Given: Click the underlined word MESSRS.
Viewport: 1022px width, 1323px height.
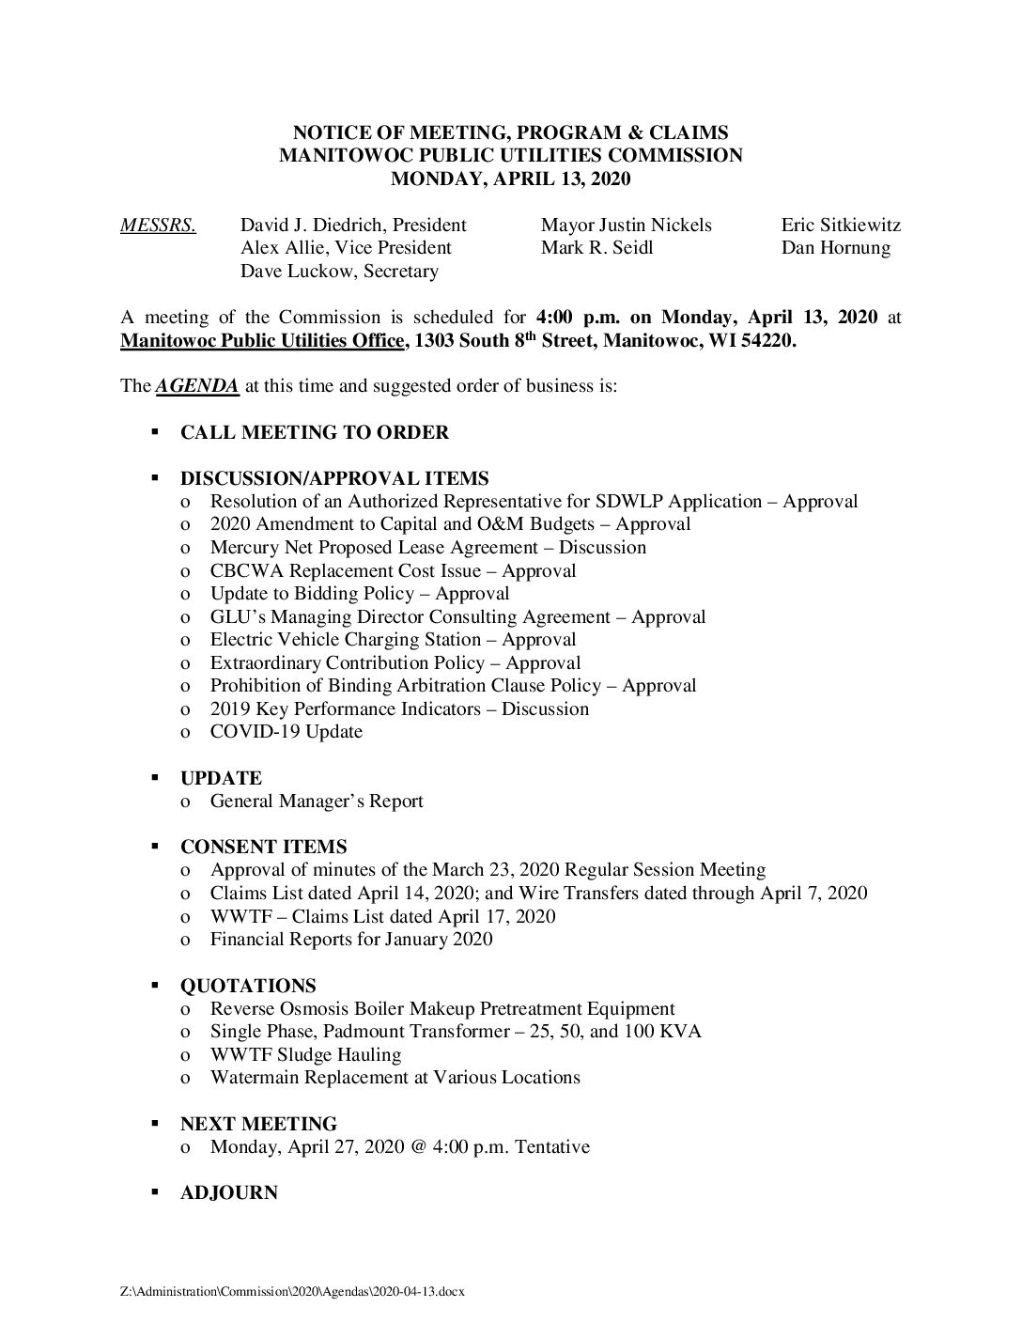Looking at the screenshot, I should coord(158,226).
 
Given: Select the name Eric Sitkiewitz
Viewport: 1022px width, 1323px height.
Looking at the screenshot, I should coord(841,226).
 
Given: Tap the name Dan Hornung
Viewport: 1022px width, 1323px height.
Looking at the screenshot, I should coord(835,248).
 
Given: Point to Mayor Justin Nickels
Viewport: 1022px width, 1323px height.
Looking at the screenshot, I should coord(626,226).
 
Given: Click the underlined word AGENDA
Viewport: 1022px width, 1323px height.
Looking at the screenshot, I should coord(196,386).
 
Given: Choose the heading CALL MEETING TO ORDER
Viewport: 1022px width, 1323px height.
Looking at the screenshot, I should coord(314,432).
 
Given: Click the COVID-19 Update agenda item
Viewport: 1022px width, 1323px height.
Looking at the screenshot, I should coord(286,732).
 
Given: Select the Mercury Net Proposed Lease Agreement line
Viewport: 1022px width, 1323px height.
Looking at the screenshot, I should coord(427,548).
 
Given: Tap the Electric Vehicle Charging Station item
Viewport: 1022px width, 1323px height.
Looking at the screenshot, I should coord(393,640).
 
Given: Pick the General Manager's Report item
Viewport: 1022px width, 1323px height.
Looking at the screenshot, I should coord(317,802).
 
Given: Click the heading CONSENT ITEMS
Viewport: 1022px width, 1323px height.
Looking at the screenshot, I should coord(263,847).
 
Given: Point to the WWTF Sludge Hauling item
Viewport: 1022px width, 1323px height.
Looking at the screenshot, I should coord(305,1055).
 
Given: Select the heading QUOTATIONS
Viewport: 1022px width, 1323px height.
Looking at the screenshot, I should coord(248,986).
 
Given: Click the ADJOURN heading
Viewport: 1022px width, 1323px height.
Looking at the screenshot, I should coord(228,1193).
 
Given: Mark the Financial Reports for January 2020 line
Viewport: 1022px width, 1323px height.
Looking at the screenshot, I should coord(350,939).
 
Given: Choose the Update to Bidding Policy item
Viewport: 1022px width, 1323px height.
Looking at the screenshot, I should coord(359,594).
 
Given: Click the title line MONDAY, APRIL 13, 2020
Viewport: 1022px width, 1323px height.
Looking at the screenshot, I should coord(510,179).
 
